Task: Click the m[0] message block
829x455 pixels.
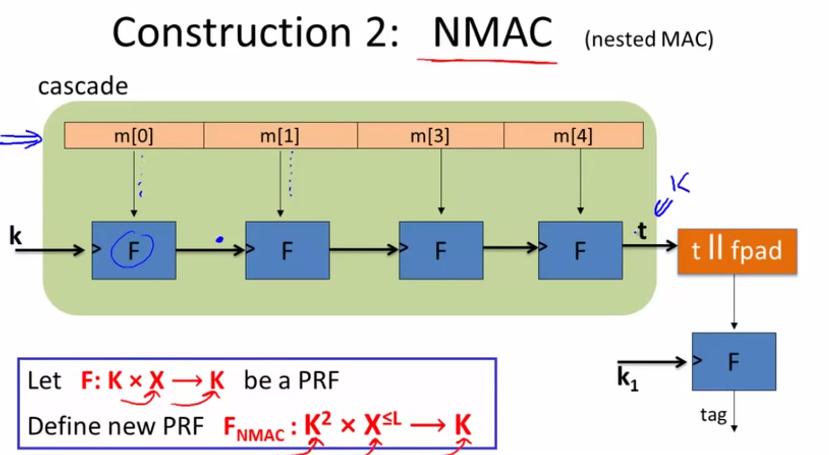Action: [134, 136]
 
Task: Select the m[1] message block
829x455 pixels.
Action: [280, 136]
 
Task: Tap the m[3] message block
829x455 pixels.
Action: [430, 136]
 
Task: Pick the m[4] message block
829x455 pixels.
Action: [573, 136]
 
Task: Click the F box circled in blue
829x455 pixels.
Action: [134, 250]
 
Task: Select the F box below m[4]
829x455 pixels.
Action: [580, 250]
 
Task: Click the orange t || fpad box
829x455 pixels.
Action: [737, 251]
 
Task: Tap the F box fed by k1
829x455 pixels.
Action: [734, 362]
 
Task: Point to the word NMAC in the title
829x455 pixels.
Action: [492, 33]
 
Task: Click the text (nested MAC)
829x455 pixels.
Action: [649, 40]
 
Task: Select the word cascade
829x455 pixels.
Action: [83, 86]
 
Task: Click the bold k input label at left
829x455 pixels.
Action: [15, 236]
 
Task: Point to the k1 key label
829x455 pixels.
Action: [627, 379]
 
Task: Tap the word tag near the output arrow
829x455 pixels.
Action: [713, 415]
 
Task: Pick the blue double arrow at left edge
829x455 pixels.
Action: [21, 139]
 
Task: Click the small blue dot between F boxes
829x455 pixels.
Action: [220, 239]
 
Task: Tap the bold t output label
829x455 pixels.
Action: [642, 231]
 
